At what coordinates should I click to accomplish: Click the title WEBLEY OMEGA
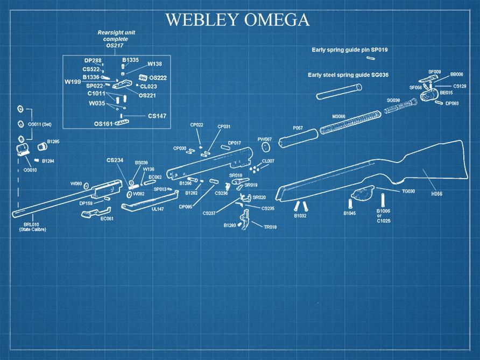pyautogui.click(x=237, y=20)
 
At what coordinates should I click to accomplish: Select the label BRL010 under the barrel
pyautogui.click(x=31, y=224)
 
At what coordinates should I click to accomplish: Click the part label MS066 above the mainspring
pyautogui.click(x=338, y=117)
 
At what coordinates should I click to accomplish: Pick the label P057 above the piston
pyautogui.click(x=298, y=128)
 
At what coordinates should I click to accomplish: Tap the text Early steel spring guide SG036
pyautogui.click(x=348, y=75)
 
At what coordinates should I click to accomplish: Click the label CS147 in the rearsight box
pyautogui.click(x=157, y=116)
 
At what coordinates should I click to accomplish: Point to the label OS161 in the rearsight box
pyautogui.click(x=104, y=123)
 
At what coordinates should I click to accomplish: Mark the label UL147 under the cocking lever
pyautogui.click(x=158, y=209)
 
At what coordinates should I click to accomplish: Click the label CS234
pyautogui.click(x=115, y=160)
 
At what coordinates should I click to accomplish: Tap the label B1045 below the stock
pyautogui.click(x=350, y=214)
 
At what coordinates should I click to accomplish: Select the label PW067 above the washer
pyautogui.click(x=265, y=139)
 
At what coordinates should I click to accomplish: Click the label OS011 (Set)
pyautogui.click(x=39, y=124)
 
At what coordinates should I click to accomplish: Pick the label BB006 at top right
pyautogui.click(x=457, y=74)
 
